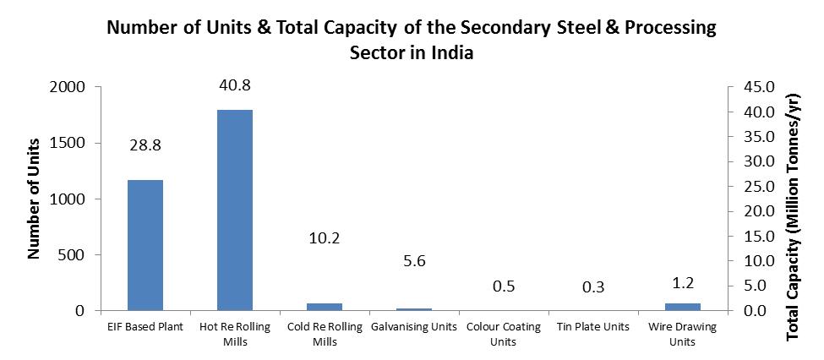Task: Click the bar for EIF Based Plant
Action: [x=145, y=245]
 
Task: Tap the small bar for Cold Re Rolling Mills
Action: [x=325, y=307]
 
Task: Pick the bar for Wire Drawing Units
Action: [x=683, y=307]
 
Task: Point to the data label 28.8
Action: [x=145, y=145]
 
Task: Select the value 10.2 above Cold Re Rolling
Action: [x=325, y=238]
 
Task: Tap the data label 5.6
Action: [x=414, y=261]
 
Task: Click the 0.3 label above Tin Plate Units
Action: [x=593, y=287]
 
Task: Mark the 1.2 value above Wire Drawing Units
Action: [x=683, y=282]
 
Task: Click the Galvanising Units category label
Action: [x=414, y=326]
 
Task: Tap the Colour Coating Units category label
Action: [x=504, y=334]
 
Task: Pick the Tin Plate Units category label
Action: [x=593, y=326]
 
